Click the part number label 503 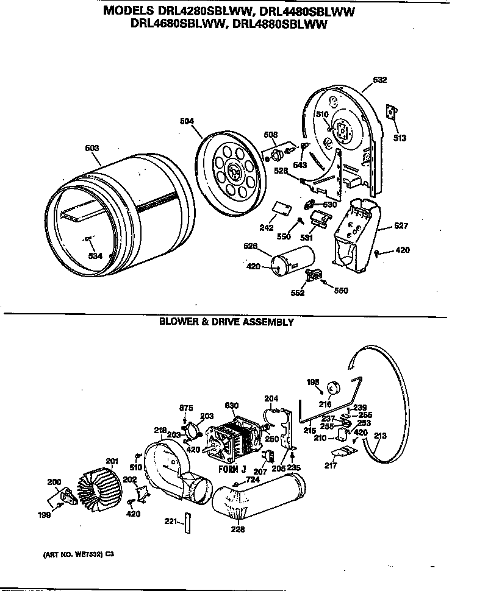click(x=91, y=148)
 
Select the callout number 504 click(x=187, y=121)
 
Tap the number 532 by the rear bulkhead click(x=379, y=80)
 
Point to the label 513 click(x=399, y=138)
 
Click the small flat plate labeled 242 click(x=281, y=208)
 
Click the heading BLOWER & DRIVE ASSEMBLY click(x=226, y=322)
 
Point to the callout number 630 click(x=232, y=406)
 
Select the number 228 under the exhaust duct click(x=238, y=529)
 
